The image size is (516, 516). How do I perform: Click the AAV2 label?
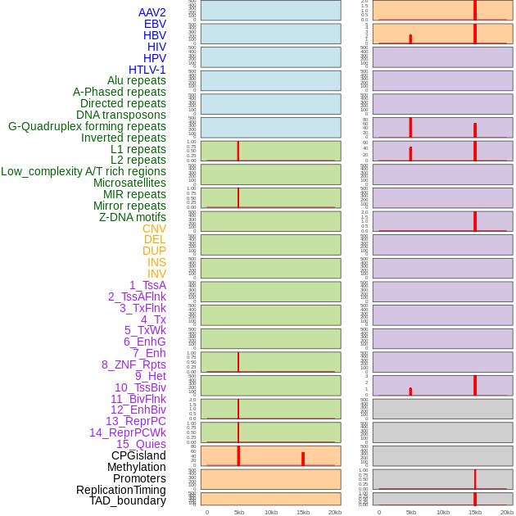[x=152, y=12]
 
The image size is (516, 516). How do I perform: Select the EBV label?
[x=155, y=24]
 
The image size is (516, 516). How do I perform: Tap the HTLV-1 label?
[x=147, y=70]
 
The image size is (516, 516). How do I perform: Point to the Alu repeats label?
[x=136, y=80]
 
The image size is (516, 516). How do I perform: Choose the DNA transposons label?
[x=121, y=115]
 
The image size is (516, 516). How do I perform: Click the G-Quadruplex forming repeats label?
[x=87, y=126]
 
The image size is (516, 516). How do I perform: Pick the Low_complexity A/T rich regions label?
[x=84, y=171]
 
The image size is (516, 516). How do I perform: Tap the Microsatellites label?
[x=129, y=183]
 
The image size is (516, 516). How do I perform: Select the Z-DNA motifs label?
[x=133, y=217]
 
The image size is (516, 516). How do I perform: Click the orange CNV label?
[x=154, y=229]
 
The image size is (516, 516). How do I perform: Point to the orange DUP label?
[x=154, y=251]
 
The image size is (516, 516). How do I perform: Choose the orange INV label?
[x=156, y=274]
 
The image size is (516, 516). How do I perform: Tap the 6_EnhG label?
[x=145, y=342]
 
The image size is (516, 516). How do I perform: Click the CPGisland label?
[x=138, y=455]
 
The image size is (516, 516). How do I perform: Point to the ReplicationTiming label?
[x=121, y=490]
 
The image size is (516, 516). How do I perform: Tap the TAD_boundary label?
[x=128, y=500]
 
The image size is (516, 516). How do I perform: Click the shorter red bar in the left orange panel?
[x=303, y=459]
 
